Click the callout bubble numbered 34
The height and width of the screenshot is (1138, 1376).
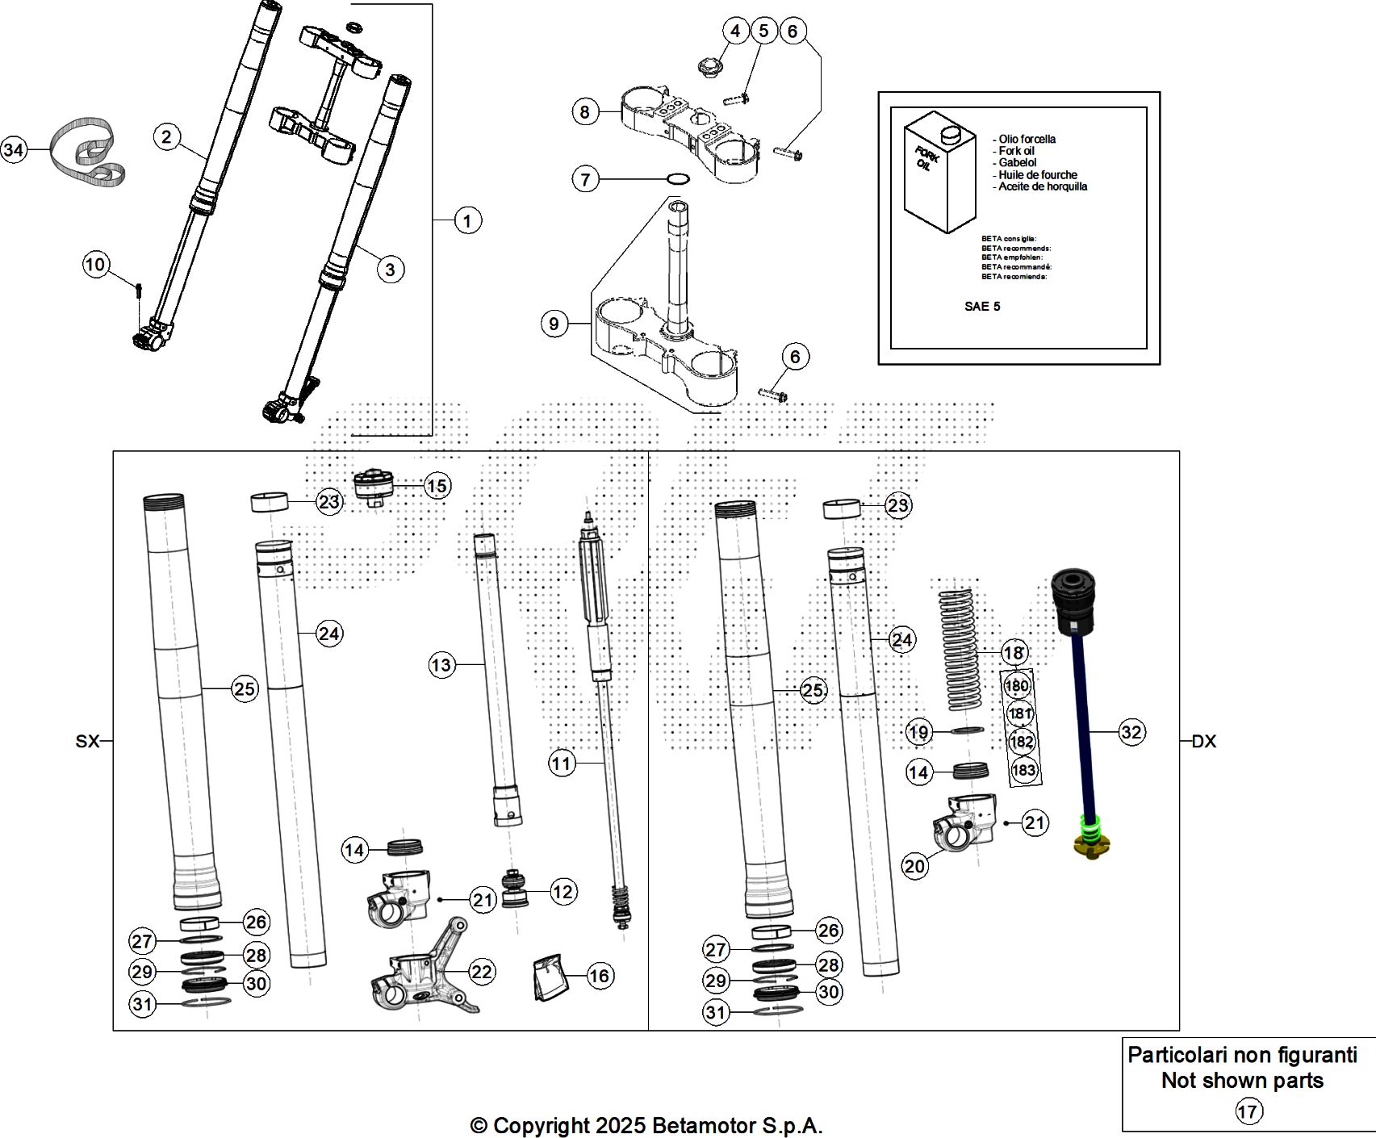[14, 150]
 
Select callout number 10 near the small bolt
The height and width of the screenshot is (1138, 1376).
[95, 264]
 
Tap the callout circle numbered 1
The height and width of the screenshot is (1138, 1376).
[467, 220]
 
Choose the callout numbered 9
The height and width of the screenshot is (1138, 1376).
[554, 324]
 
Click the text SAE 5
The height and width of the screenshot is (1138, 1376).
[982, 307]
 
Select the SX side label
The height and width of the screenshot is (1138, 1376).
[87, 741]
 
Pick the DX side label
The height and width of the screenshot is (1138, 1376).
[1203, 741]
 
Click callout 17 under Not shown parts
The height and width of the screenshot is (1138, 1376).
[1248, 1111]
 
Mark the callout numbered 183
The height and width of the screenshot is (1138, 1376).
[1023, 770]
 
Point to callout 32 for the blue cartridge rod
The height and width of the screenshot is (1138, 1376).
[1131, 732]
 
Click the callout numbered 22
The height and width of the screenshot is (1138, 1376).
[482, 972]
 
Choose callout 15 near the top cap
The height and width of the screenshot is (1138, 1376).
[437, 486]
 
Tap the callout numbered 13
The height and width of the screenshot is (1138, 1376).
[441, 665]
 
